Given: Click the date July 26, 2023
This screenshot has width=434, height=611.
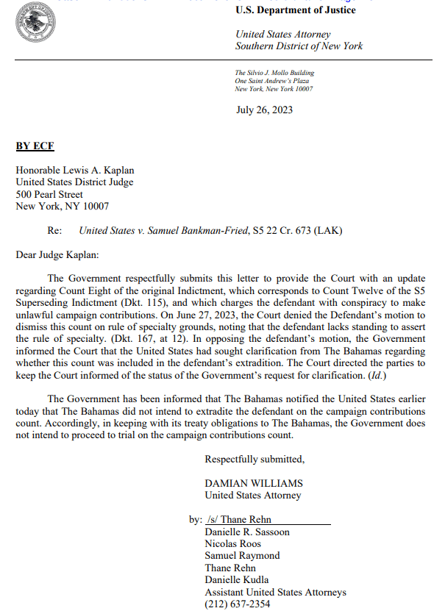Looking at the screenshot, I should click(264, 110).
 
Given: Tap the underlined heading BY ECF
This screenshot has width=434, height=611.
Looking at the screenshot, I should click(35, 146).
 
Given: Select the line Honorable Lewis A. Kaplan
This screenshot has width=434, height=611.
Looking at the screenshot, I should click(75, 171).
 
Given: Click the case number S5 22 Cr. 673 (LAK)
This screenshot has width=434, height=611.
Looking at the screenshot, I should click(297, 230).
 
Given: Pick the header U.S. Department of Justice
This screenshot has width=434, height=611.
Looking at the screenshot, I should click(296, 10).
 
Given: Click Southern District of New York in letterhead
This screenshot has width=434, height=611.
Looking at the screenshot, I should click(299, 46).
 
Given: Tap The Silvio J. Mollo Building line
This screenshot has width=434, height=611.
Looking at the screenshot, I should click(274, 73).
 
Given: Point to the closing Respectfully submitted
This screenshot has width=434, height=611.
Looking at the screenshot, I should click(255, 460).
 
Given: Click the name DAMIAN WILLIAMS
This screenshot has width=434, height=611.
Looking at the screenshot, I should click(254, 484).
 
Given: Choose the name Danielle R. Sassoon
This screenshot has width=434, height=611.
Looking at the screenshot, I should click(247, 532).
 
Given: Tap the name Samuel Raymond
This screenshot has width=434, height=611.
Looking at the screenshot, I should click(242, 556).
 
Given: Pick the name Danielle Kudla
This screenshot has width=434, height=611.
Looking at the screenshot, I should click(237, 579).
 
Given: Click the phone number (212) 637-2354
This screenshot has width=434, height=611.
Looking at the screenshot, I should click(238, 604).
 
